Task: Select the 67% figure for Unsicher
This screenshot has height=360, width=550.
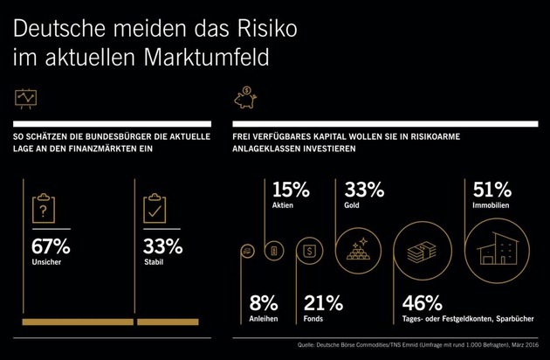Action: [x=51, y=246]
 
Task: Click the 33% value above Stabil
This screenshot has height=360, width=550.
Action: [x=162, y=246]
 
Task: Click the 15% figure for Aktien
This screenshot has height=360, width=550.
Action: [x=291, y=190]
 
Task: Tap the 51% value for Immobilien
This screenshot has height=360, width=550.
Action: [x=491, y=190]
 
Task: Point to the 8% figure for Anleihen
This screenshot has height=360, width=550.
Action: [x=264, y=303]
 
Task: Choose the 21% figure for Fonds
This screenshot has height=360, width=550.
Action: [x=323, y=303]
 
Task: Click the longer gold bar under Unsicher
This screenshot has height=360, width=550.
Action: [x=78, y=322]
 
